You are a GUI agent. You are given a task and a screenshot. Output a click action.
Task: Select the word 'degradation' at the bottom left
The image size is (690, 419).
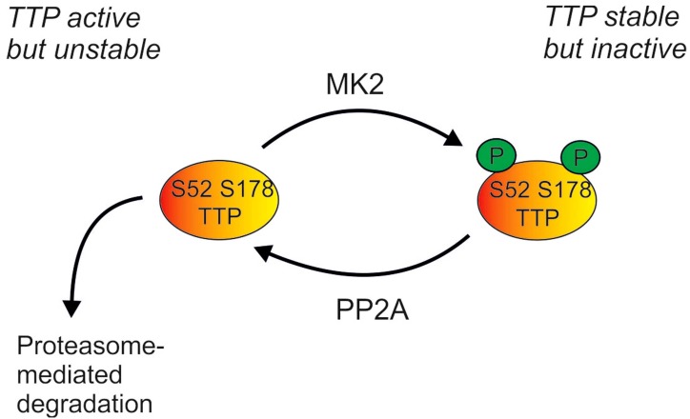point(83,402)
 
